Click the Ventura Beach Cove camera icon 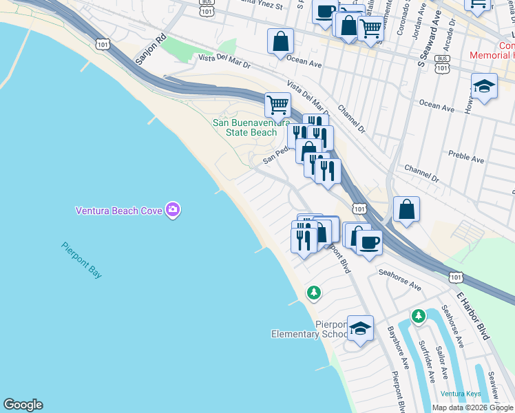point(173,210)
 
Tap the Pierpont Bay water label point(81,260)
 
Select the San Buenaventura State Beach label point(244,127)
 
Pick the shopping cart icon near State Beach point(277,105)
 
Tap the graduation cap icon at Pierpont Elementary point(360,328)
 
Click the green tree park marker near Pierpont point(314,293)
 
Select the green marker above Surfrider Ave point(418,317)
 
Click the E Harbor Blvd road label point(473,313)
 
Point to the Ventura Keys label point(461,394)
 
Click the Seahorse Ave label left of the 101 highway point(399,278)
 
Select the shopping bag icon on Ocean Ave point(281,41)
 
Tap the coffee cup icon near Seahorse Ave point(369,242)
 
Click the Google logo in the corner point(23,405)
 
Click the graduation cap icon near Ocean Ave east point(485,86)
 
